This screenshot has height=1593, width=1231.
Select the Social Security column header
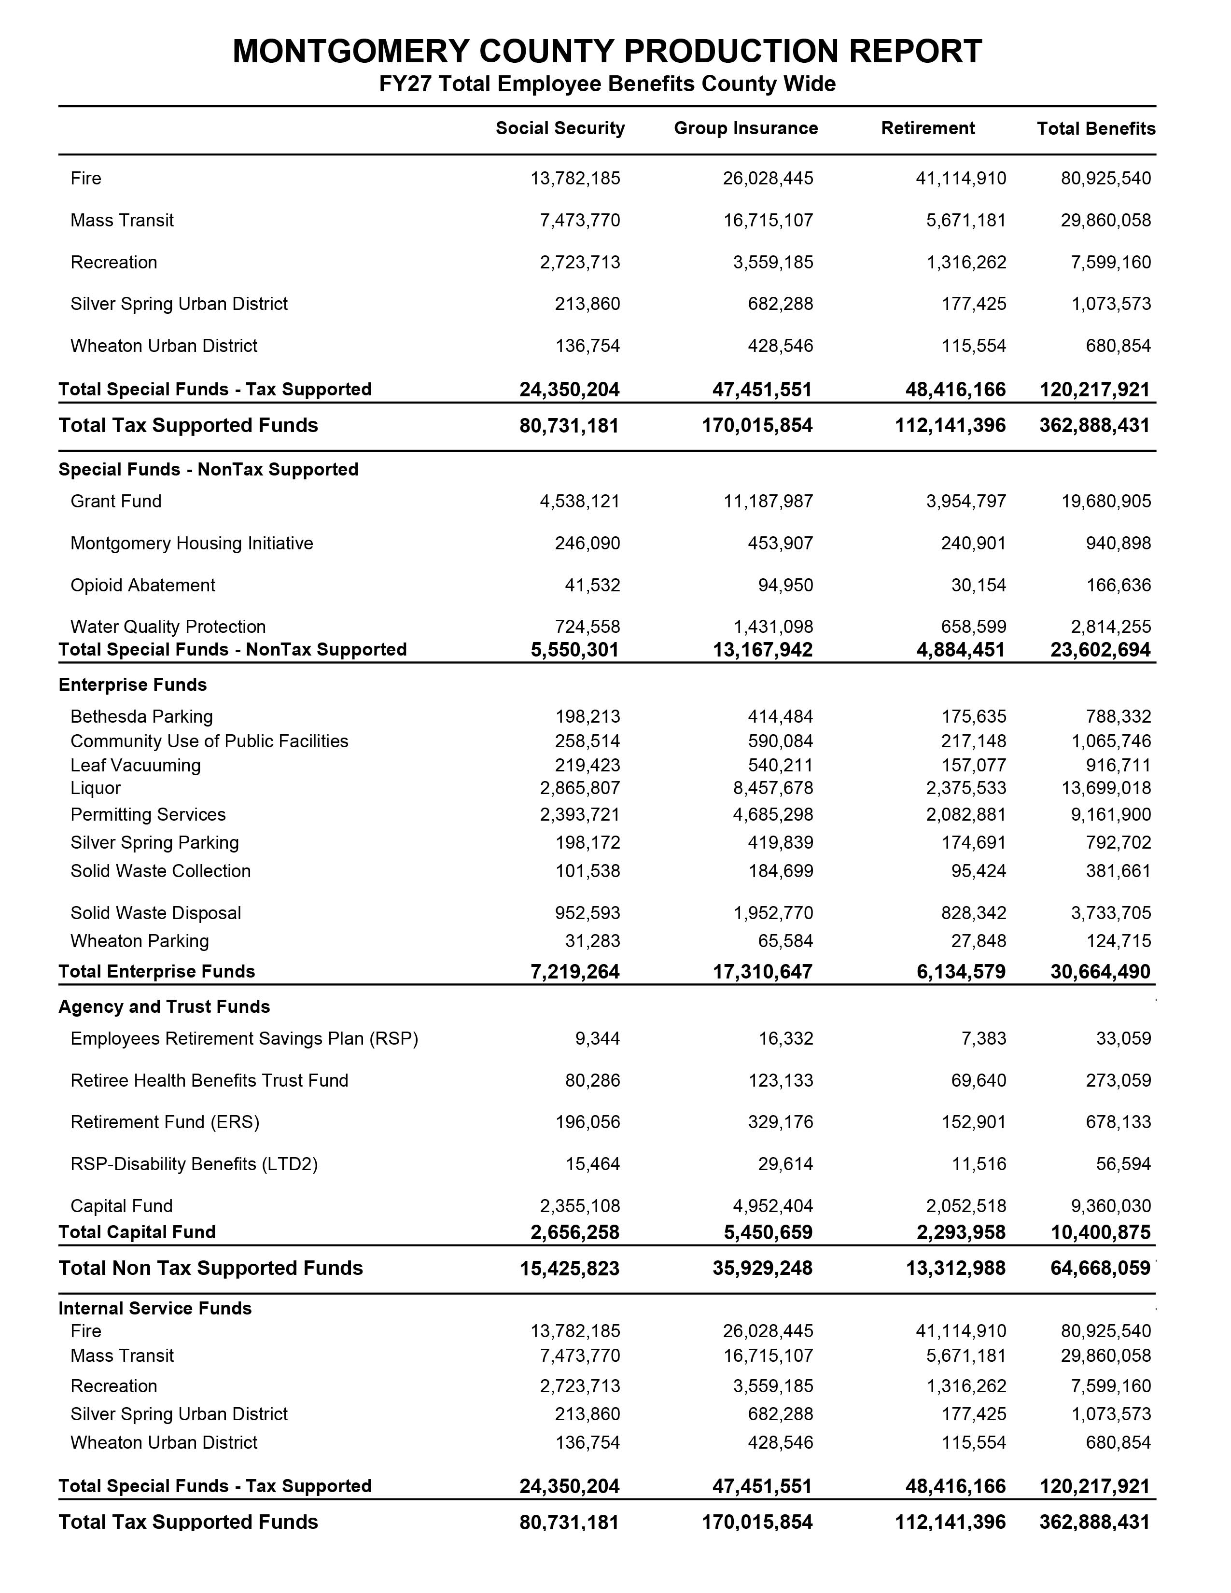[560, 128]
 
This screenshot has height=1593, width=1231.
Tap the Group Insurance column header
[745, 128]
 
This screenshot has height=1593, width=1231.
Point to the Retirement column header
[928, 128]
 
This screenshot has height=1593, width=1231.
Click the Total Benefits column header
[1096, 129]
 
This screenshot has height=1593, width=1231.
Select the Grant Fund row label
[116, 501]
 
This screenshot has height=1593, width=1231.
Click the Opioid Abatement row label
[143, 585]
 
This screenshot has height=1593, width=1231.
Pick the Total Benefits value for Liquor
[1111, 788]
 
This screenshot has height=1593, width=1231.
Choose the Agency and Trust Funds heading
[164, 1006]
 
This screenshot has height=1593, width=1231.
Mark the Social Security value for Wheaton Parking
[592, 941]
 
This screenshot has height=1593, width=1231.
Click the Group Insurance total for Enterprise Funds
[762, 972]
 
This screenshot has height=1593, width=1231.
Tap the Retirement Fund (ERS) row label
[165, 1122]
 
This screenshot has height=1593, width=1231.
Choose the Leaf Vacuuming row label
[136, 765]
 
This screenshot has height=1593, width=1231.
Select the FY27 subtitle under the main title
[607, 84]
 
